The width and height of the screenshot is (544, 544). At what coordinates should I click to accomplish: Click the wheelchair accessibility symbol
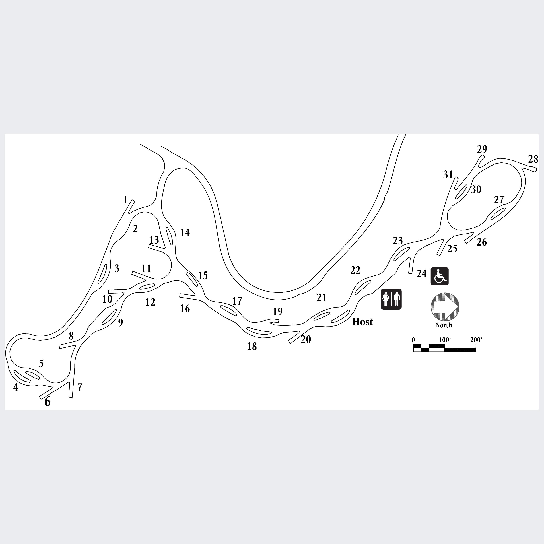[439, 276]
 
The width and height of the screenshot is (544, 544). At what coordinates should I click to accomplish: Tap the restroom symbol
[391, 299]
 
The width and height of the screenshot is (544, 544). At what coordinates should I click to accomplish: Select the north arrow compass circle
[445, 307]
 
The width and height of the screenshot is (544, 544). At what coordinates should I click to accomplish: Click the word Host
[362, 322]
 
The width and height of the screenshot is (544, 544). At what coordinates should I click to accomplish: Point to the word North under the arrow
[444, 325]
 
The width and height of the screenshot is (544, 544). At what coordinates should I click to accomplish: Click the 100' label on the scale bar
[445, 340]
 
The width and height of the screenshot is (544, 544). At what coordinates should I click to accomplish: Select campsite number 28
[533, 159]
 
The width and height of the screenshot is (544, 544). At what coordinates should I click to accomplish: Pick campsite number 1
[125, 200]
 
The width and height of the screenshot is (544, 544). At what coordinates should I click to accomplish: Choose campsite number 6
[48, 402]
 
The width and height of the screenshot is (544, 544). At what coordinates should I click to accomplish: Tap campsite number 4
[16, 388]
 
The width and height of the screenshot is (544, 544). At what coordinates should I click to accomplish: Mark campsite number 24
[422, 274]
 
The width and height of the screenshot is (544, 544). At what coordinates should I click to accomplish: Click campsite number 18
[252, 346]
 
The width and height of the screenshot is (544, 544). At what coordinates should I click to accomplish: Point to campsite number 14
[185, 233]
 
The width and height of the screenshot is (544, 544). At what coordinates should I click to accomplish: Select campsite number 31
[448, 175]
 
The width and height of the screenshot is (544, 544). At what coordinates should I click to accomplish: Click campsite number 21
[321, 298]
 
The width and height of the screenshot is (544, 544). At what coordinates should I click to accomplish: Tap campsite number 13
[154, 240]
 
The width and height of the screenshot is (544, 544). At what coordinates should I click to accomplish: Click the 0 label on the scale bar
[413, 340]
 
